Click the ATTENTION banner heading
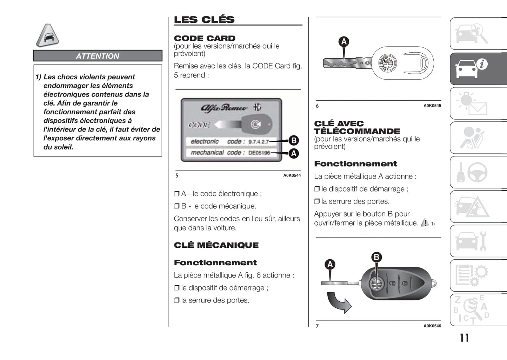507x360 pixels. click(98, 56)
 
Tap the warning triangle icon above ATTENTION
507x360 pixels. click(47, 35)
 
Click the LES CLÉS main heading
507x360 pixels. click(204, 20)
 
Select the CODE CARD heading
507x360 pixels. click(205, 38)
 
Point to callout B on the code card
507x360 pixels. click(293, 140)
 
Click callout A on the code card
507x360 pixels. click(293, 153)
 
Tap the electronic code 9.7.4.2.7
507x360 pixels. click(258, 142)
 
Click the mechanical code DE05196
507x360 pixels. click(259, 153)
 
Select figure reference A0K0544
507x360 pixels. click(292, 175)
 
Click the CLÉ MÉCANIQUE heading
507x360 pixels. click(216, 245)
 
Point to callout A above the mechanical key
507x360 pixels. click(344, 42)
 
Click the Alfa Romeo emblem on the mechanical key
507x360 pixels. click(388, 64)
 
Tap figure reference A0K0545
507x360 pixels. click(432, 106)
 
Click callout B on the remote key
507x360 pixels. click(376, 257)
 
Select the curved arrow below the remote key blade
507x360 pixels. click(339, 303)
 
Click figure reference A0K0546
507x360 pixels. click(432, 326)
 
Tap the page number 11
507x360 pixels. click(464, 338)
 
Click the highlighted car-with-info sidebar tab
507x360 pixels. click(478, 69)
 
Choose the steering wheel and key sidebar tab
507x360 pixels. click(478, 172)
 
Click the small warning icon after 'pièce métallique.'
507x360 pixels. click(425, 222)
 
